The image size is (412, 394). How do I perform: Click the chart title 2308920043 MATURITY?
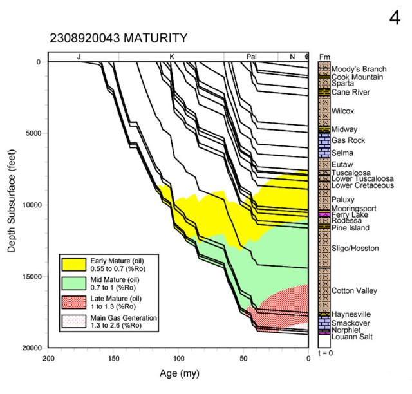click(118, 38)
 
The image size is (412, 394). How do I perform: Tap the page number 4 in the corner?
click(395, 19)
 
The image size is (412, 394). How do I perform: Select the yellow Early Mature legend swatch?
click(74, 263)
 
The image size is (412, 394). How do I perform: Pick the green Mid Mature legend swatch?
click(74, 282)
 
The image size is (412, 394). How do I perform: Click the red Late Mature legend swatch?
click(74, 301)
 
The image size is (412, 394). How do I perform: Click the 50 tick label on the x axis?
click(243, 359)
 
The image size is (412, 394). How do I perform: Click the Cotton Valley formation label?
click(353, 291)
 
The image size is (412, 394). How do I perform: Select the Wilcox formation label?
click(343, 111)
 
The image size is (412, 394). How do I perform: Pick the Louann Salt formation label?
click(351, 337)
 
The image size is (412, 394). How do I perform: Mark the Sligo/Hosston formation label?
click(355, 249)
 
